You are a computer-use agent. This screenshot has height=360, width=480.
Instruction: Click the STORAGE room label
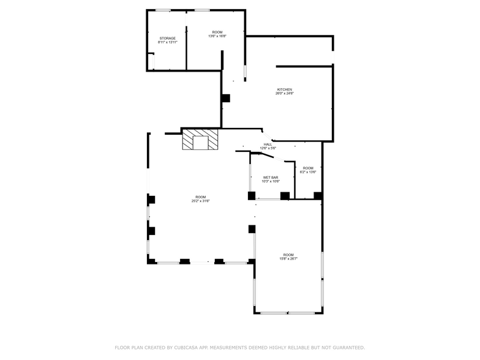(167, 38)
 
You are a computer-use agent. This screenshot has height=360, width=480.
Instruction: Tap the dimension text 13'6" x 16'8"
(217, 36)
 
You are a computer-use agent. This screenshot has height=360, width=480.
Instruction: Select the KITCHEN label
(284, 89)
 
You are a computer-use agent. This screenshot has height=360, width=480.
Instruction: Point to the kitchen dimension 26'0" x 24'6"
(284, 94)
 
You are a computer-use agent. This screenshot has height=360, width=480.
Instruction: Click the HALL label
(268, 144)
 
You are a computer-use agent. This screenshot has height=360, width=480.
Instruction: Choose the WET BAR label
(271, 177)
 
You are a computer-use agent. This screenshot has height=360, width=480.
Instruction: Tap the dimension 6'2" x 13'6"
(308, 172)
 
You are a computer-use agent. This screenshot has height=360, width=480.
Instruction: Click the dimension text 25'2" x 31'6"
(200, 201)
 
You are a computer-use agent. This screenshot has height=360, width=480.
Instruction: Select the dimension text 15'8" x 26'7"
(288, 259)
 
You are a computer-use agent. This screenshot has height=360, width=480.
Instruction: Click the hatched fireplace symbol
(200, 139)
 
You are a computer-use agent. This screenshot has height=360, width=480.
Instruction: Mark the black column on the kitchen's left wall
(225, 98)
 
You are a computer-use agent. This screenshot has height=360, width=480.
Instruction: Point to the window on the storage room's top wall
(163, 10)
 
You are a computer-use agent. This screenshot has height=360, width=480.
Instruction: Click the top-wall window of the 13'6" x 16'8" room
(203, 10)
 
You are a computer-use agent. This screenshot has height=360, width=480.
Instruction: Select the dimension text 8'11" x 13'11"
(167, 42)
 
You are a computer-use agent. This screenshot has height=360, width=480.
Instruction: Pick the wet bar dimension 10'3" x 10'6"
(271, 181)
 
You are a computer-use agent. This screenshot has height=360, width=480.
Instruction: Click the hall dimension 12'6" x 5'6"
(268, 149)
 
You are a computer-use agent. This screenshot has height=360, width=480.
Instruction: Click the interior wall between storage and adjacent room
(186, 40)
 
